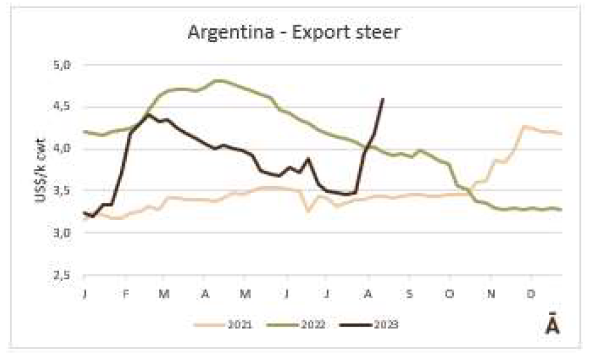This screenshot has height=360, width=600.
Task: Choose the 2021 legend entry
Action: [x=238, y=323]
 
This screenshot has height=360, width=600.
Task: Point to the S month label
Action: [x=408, y=293]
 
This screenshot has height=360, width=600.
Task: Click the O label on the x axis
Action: [x=449, y=293]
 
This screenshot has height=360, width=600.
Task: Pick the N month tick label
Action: [x=490, y=293]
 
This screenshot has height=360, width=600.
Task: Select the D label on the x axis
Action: [x=531, y=293]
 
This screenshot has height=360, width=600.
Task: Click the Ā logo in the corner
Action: [x=552, y=326]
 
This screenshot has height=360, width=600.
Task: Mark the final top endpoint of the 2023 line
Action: [x=383, y=99]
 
